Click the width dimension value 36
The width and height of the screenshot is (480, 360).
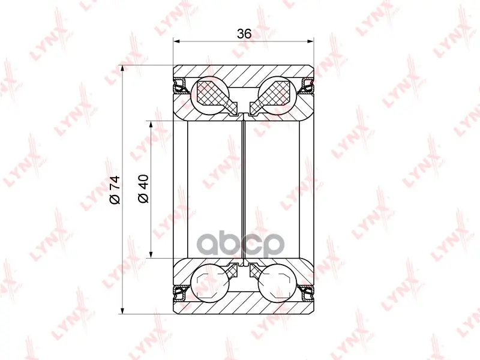pos(244,34)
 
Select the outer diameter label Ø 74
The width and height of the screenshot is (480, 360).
pos(115,190)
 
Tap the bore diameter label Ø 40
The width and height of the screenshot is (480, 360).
pos(143,188)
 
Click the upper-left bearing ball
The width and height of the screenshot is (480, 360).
pos(209,95)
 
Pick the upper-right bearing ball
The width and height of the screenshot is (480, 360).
pos(277,95)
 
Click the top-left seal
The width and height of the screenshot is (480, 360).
pos(181,86)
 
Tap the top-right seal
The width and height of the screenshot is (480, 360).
pos(306,86)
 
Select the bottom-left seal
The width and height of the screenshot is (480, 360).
pos(181,293)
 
